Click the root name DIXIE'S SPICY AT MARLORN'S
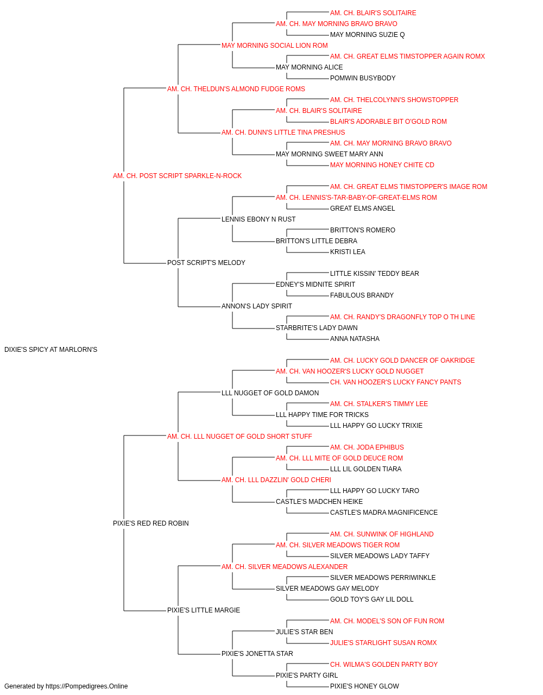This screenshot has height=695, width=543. (x=50, y=350)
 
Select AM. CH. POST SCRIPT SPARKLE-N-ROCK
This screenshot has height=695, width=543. (x=177, y=176)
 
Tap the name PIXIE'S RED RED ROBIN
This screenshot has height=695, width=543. (x=150, y=523)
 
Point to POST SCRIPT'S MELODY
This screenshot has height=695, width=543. (x=206, y=263)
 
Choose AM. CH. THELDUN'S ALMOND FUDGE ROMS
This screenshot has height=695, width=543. (x=236, y=89)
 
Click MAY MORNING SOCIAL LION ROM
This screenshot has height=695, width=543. (x=275, y=46)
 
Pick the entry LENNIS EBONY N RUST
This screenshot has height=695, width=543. (x=258, y=219)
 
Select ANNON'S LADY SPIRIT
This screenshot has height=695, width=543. (x=257, y=306)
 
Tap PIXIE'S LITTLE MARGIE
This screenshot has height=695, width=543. (x=204, y=610)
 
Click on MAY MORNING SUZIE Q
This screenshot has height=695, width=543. (x=368, y=35)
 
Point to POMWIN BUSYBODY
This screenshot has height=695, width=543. (x=363, y=78)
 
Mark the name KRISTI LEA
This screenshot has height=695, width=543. (x=348, y=252)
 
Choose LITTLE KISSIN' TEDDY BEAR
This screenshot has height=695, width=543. (x=375, y=274)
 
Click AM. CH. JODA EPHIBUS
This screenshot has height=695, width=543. (x=367, y=447)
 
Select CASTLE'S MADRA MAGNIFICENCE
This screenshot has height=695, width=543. (x=384, y=513)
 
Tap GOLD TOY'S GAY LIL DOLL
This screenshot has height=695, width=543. (x=371, y=599)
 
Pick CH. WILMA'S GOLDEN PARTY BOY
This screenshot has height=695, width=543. (x=384, y=664)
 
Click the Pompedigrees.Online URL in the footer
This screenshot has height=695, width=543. (x=86, y=686)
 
